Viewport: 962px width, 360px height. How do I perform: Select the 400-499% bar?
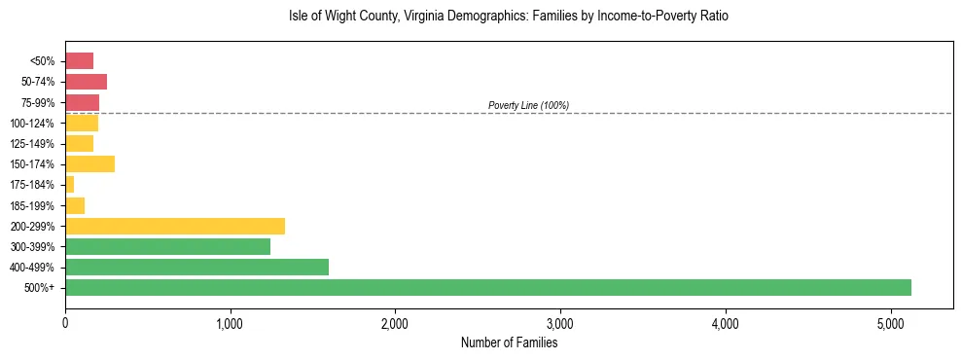coord(196,267)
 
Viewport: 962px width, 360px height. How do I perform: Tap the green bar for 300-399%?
coord(167,246)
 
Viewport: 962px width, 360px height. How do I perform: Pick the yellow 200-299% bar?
coord(175,226)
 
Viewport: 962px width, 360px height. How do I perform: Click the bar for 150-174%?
coord(89,164)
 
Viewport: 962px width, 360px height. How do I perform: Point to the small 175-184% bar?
coord(69,185)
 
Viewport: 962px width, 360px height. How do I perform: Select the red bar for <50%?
coord(79,61)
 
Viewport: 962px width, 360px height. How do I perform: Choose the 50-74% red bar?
coord(86,82)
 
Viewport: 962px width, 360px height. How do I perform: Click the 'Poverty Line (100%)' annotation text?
coord(528,105)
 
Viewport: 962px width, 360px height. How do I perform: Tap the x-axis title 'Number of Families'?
coord(509,342)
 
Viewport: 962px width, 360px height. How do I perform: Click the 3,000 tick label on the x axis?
coord(560,323)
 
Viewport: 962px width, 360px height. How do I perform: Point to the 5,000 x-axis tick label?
coord(890,323)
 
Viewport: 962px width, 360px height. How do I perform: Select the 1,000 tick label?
coord(231,323)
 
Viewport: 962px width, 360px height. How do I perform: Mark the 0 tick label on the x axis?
coord(65,323)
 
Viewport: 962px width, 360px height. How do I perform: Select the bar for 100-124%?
coord(82,124)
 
